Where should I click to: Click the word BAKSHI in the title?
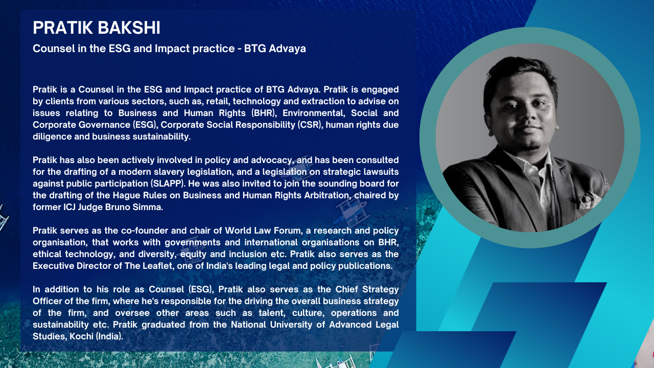[x=128, y=28]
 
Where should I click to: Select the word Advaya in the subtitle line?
[x=287, y=49]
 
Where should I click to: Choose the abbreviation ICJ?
[x=70, y=207]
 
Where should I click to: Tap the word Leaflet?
[x=158, y=266]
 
